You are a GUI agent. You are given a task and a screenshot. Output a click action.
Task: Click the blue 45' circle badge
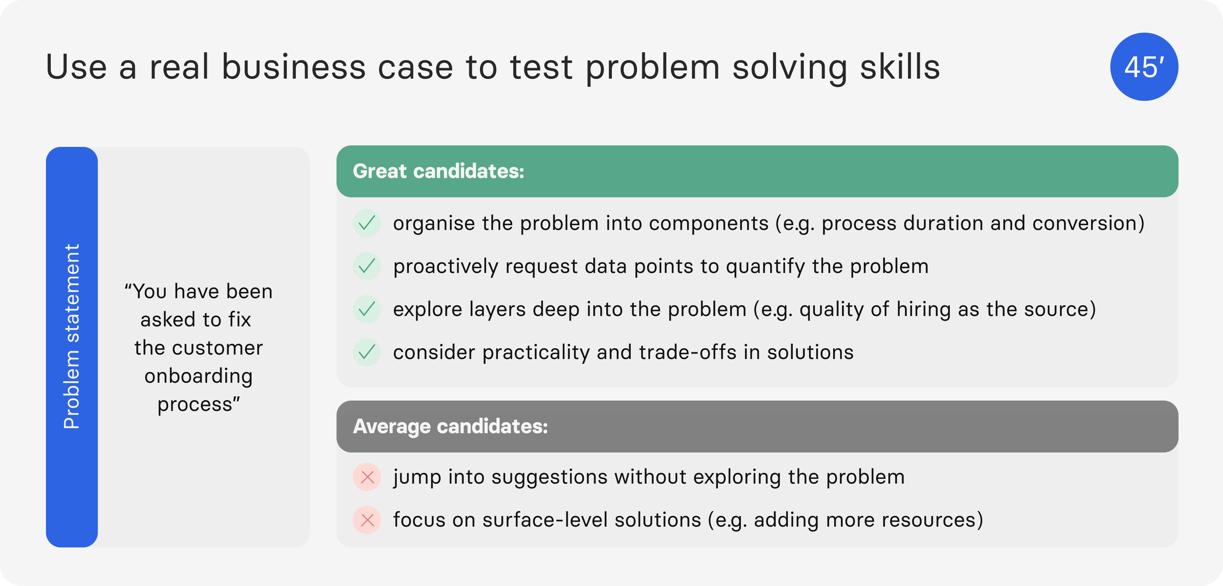click(x=1144, y=66)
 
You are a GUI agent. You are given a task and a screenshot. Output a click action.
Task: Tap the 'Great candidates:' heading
click(x=438, y=171)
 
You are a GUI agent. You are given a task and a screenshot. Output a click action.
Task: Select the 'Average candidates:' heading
click(x=450, y=426)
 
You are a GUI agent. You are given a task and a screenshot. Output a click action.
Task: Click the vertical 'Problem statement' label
click(x=72, y=336)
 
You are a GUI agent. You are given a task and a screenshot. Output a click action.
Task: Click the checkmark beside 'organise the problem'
click(x=367, y=223)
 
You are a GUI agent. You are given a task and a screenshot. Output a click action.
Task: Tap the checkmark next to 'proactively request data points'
click(x=367, y=266)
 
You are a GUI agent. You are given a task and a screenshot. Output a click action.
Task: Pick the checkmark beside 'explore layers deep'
click(x=367, y=309)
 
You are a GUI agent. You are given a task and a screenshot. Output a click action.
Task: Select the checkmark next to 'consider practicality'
click(x=367, y=352)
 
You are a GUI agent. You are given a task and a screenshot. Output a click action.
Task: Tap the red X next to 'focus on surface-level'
click(x=367, y=520)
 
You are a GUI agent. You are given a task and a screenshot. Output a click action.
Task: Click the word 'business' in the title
click(x=294, y=66)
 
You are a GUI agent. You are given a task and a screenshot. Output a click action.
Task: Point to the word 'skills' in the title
click(x=900, y=66)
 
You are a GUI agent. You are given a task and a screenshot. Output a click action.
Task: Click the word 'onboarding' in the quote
click(x=198, y=376)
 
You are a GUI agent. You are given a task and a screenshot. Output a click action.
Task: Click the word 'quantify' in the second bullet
click(x=765, y=267)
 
